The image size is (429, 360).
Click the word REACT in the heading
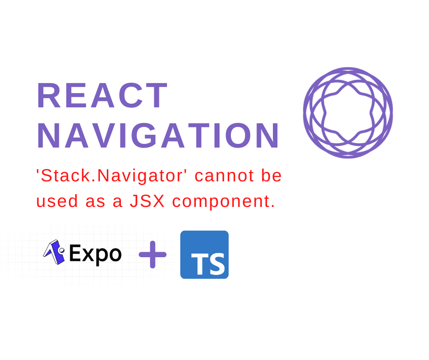coord(102,96)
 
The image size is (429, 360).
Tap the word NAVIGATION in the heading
coord(158,136)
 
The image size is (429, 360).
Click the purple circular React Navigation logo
coord(348,112)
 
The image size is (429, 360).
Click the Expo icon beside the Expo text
coord(54,252)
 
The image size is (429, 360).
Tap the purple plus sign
coord(152,254)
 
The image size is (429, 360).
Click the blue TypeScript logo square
coord(204,254)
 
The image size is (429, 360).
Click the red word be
coord(272,176)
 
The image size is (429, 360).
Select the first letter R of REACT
coord(48,96)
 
